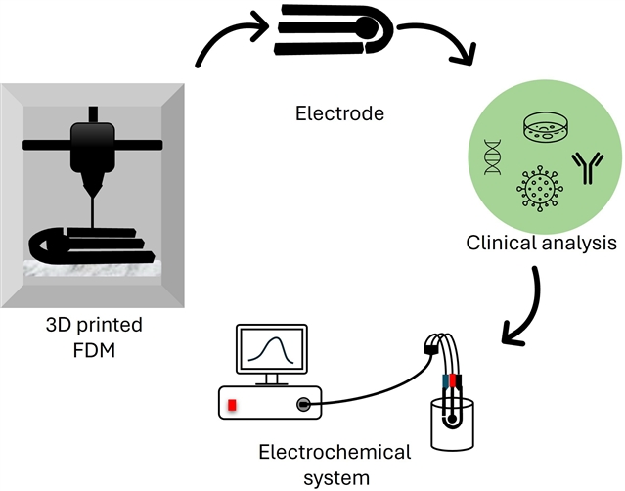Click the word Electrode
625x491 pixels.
[339, 114]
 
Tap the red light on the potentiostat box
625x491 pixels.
[233, 405]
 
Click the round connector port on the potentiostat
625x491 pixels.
[306, 403]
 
